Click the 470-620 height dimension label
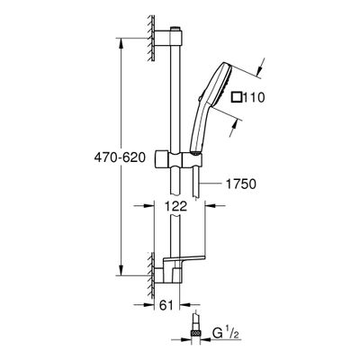click(120, 157)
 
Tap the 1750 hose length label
click(241, 184)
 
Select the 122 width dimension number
click(175, 206)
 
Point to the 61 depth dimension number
click(166, 305)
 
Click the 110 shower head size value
click(254, 97)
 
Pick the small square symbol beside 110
click(237, 97)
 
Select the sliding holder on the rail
click(178, 158)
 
